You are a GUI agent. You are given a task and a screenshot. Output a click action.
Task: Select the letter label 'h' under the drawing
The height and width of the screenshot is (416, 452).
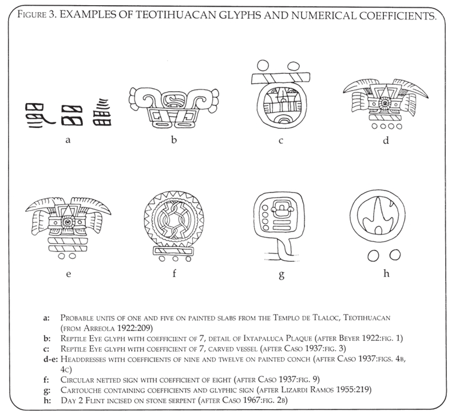[386, 273]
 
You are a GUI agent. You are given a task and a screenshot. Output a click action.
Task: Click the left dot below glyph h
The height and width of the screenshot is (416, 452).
[371, 254]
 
